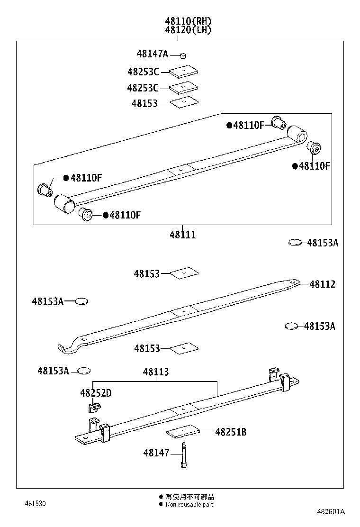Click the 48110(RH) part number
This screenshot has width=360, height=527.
click(x=188, y=21)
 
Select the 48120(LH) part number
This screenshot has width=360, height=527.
click(x=188, y=29)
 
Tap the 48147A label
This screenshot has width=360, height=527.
click(x=152, y=54)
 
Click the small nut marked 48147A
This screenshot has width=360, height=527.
click(x=182, y=55)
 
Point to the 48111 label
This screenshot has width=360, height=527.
click(x=182, y=235)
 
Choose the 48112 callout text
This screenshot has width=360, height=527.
click(x=322, y=284)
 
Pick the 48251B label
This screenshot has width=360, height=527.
click(x=231, y=432)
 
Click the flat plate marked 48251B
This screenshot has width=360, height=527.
click(x=183, y=432)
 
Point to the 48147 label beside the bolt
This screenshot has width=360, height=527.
click(x=156, y=453)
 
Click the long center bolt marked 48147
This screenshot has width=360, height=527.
click(x=183, y=455)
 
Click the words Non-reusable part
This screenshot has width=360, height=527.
click(x=189, y=505)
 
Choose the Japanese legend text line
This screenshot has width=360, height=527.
click(x=189, y=497)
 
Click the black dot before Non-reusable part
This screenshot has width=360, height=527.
click(x=161, y=505)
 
